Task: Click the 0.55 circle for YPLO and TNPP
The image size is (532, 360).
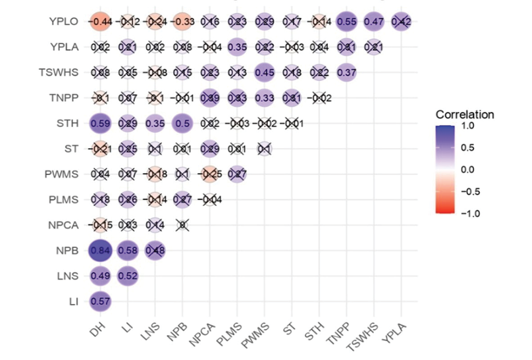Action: click(347, 21)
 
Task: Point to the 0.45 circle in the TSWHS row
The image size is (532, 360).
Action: click(265, 72)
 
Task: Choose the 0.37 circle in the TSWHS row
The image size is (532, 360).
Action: click(347, 72)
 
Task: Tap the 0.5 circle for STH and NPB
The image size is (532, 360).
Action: click(182, 122)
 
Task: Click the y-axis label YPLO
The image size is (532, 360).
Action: click(65, 21)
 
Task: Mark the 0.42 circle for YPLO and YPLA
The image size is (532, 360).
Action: click(402, 21)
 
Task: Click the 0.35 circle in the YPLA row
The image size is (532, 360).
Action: click(237, 47)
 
